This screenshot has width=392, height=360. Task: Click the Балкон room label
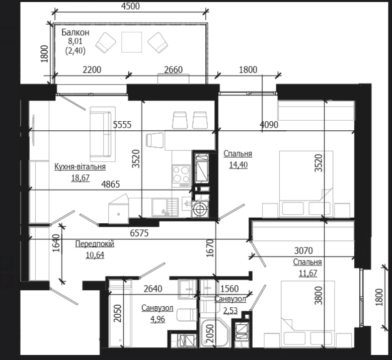coord(75,33)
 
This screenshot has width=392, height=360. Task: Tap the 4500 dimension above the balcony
coord(130,6)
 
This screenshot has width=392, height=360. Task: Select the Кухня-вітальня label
coord(80,166)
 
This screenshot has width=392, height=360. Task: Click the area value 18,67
coord(80,178)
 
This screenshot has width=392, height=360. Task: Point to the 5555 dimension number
coord(122,124)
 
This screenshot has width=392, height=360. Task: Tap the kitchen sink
coord(165,207)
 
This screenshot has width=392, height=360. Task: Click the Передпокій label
coord(95,243)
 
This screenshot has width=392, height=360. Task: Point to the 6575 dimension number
coord(139,233)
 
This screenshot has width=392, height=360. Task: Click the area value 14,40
coord(239,165)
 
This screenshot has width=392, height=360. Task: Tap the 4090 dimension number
coord(269,124)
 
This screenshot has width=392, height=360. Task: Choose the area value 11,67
coord(308,273)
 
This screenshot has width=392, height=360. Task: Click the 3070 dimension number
coord(303,250)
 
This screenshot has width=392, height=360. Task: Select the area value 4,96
coord(158,319)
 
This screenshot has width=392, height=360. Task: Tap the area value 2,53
coord(230,311)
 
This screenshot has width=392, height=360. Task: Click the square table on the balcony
coord(131,42)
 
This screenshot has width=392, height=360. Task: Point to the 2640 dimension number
coord(153,289)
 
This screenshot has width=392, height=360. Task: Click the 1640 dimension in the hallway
coord(57,243)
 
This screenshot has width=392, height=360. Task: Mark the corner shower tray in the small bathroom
coord(215,333)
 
